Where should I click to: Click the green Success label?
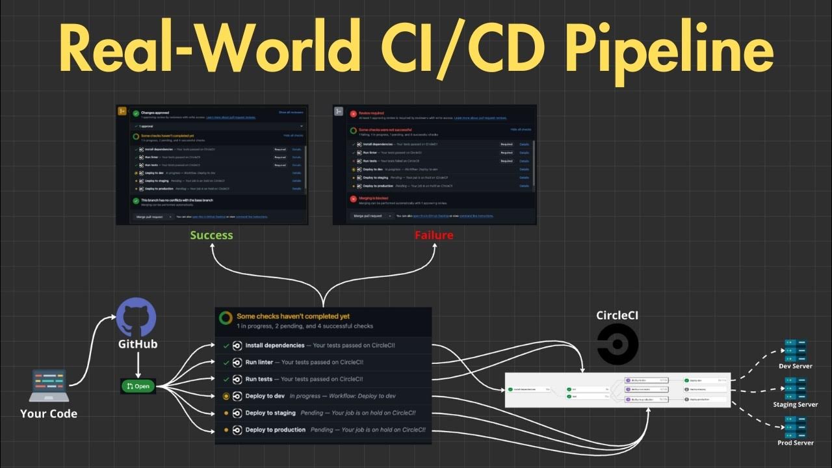(x=211, y=235)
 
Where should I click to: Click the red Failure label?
(x=434, y=235)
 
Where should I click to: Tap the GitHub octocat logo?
(x=136, y=317)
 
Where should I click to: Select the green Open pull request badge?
(x=138, y=386)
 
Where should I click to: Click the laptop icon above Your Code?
(x=49, y=386)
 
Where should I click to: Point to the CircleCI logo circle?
(x=617, y=344)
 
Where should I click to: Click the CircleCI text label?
(x=617, y=315)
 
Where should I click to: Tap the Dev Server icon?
(x=795, y=349)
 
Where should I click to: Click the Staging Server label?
(x=795, y=404)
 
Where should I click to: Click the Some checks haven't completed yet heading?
(x=293, y=316)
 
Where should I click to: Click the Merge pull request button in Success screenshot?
(x=150, y=216)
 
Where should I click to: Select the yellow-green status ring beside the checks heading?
(x=225, y=318)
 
